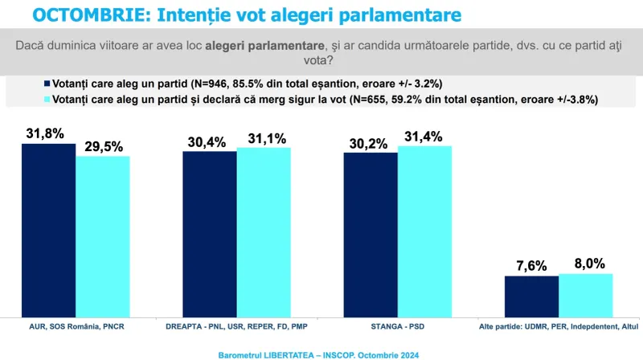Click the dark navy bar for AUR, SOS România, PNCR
(49, 231)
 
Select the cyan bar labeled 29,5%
(103, 236)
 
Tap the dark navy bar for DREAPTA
(210, 234)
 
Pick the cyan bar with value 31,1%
(264, 232)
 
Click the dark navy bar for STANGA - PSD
(371, 235)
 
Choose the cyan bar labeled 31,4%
(425, 231)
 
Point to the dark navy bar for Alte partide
(532, 297)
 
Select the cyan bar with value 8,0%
(586, 296)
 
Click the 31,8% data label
(45, 133)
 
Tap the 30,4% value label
(207, 142)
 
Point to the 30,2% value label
(368, 144)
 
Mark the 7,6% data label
(531, 266)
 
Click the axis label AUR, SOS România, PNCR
(76, 327)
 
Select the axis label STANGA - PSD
(398, 327)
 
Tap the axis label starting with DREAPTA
(236, 327)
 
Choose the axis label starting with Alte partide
(559, 327)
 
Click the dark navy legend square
(47, 84)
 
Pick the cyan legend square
(47, 99)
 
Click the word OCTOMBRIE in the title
(87, 15)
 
